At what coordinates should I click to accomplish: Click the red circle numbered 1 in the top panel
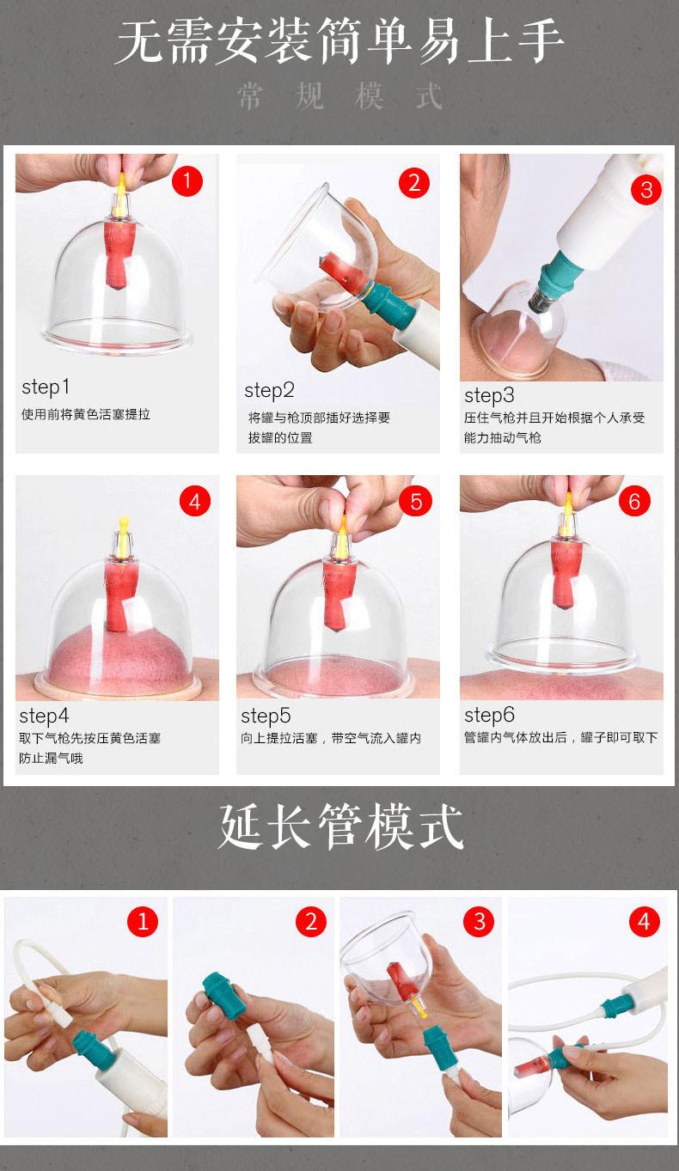[x=187, y=181]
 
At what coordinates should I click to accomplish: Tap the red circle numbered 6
[x=634, y=502]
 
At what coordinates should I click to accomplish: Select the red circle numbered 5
[x=415, y=502]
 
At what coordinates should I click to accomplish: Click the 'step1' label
[x=46, y=387]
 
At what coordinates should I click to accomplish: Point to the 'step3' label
[x=489, y=396]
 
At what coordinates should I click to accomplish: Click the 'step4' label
[x=44, y=717]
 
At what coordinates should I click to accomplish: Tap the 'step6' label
[x=489, y=715]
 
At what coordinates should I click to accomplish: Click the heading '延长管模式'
[x=340, y=826]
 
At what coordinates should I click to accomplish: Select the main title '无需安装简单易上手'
[x=339, y=41]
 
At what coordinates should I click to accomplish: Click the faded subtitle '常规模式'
[x=339, y=96]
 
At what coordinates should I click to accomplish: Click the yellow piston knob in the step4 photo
[x=123, y=521]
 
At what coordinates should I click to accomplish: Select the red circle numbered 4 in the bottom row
[x=644, y=922]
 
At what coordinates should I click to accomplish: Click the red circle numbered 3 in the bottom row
[x=479, y=922]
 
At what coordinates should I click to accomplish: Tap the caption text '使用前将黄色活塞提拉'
[x=86, y=415]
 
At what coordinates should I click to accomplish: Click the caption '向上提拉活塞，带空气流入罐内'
[x=331, y=738]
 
